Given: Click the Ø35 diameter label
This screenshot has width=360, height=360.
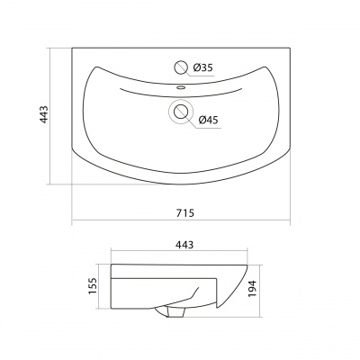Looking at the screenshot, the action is point(203,67).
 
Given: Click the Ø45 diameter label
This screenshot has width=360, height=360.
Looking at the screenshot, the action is point(209,120).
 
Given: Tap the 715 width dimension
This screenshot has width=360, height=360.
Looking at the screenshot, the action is point(185,212).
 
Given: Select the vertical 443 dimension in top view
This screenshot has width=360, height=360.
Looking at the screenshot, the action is point(44,114).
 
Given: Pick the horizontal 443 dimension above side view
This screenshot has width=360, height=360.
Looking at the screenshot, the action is point(184,245).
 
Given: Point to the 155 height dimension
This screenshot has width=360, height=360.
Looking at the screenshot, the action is point(93,286).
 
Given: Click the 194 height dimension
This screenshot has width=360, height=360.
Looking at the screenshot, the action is point(253,289).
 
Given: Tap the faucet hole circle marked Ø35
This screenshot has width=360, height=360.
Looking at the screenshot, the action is point(181,67).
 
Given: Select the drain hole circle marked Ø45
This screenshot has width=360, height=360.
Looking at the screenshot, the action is point(181,112).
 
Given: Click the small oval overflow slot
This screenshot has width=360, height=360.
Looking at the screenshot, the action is point(181,87).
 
